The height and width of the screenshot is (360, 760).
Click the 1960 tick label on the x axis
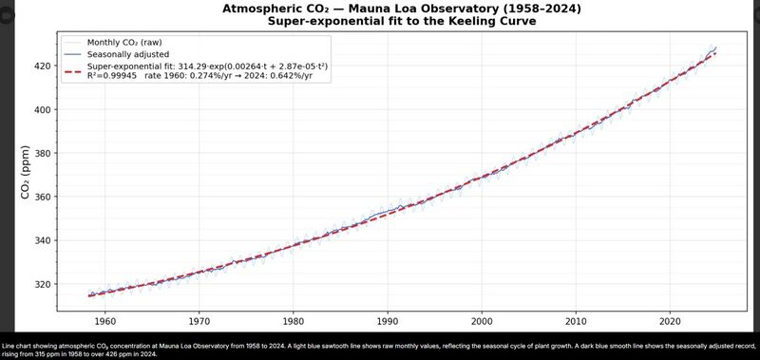[x=104, y=321]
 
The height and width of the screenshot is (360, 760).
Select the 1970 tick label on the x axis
[x=199, y=321]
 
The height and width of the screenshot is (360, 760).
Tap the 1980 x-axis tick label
[x=294, y=321]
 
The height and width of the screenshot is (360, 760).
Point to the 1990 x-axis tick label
[x=388, y=321]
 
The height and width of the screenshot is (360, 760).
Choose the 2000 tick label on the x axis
[x=482, y=321]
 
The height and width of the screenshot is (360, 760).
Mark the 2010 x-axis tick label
[x=577, y=321]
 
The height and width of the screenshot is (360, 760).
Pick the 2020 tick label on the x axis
[x=671, y=321]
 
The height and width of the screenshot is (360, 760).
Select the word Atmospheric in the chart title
[x=263, y=8]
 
